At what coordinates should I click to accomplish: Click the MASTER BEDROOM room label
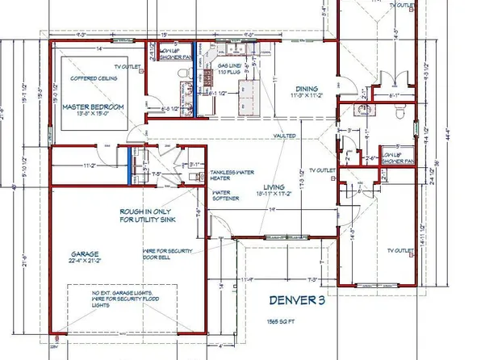tap(82, 107)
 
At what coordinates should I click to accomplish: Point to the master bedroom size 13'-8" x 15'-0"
tap(82, 115)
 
